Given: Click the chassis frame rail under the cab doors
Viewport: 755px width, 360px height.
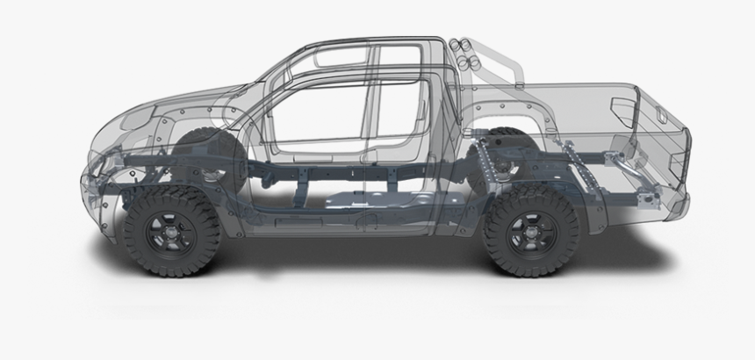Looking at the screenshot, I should pos(351,167).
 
